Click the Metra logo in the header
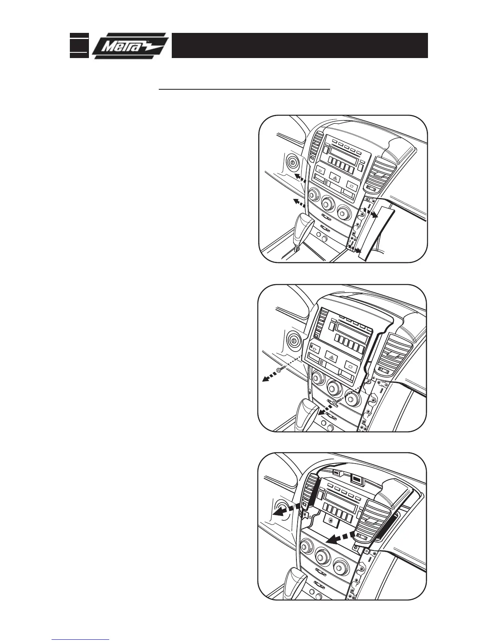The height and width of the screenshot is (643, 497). [130, 45]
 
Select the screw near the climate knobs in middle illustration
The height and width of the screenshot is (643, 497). [335, 401]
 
